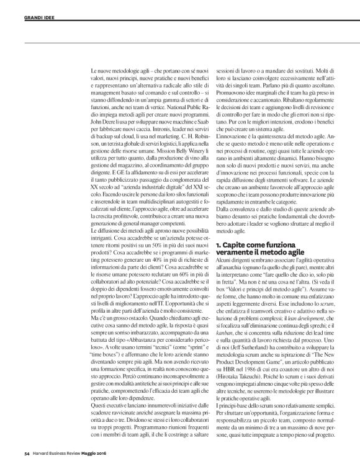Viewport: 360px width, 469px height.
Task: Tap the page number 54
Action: pyautogui.click(x=19, y=462)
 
